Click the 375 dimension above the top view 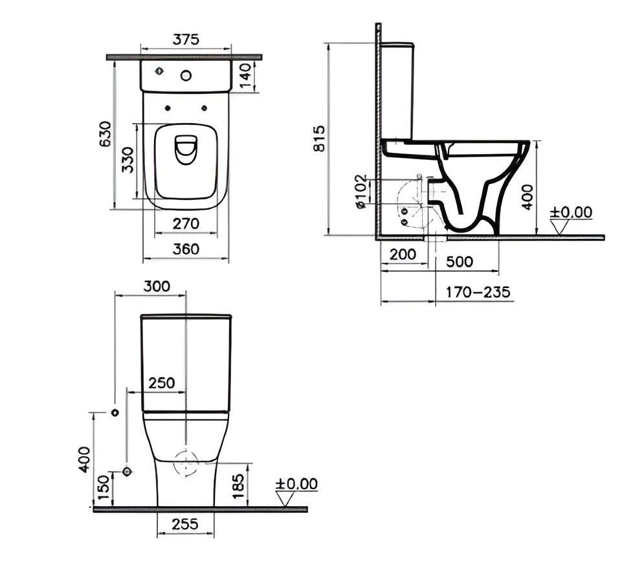click(186, 39)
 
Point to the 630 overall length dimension click(105, 135)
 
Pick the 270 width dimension click(186, 224)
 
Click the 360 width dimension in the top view click(186, 249)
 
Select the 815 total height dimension click(318, 139)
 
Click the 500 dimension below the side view click(460, 261)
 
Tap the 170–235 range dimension click(478, 292)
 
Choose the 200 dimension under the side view click(403, 254)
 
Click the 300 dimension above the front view click(156, 286)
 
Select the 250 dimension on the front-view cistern click(161, 383)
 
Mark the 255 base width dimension click(186, 525)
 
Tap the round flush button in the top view click(186, 75)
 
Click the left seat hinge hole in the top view click(168, 108)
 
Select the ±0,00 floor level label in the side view click(571, 212)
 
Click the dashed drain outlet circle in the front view click(186, 463)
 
